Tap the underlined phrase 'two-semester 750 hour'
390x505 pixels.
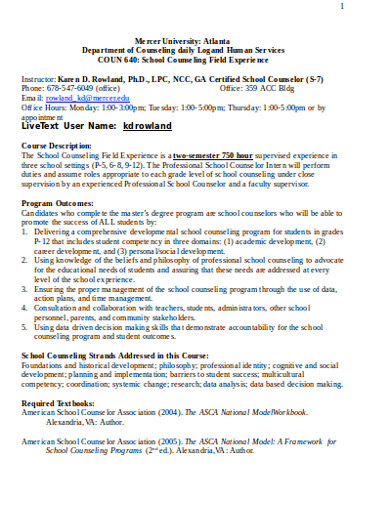click(x=221, y=155)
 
